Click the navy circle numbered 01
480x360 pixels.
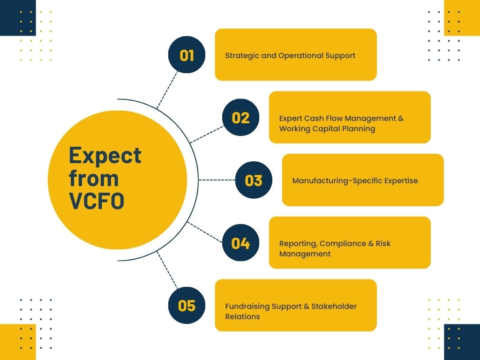pos(187,55)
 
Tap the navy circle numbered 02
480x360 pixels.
pos(240,118)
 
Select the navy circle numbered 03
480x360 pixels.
pos(254,180)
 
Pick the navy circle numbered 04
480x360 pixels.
pos(240,243)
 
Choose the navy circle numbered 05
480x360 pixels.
pos(187,305)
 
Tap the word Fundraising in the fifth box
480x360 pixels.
pos(247,306)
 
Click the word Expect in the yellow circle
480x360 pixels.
pos(105,156)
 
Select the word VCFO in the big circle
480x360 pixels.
pos(97,201)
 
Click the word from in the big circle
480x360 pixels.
pos(94,179)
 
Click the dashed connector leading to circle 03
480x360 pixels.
pos(217,180)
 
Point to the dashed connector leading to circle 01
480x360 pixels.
pos(167,90)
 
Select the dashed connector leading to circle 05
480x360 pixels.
pos(167,270)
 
